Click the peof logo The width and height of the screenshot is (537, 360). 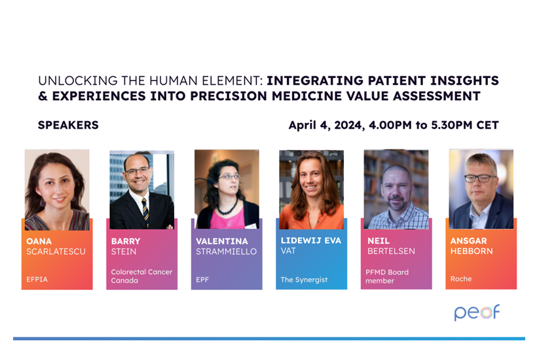(x=477, y=312)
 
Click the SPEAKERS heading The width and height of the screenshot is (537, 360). (x=68, y=125)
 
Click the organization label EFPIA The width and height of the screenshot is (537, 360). (x=37, y=279)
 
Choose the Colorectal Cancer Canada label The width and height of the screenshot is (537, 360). (x=141, y=276)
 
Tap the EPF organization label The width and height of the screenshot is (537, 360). (x=202, y=279)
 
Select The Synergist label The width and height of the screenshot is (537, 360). (x=304, y=279)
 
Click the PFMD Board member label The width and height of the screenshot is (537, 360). (x=387, y=276)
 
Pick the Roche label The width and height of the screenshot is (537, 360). (x=461, y=279)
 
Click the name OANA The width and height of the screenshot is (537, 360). (x=39, y=242)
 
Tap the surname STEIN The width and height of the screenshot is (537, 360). (x=124, y=251)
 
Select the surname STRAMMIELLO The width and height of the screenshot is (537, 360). (x=226, y=251)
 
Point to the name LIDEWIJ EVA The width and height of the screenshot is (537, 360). (x=311, y=241)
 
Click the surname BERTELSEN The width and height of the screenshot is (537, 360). (x=391, y=251)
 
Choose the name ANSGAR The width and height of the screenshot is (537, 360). (x=468, y=241)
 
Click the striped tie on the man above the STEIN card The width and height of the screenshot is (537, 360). (x=145, y=212)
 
